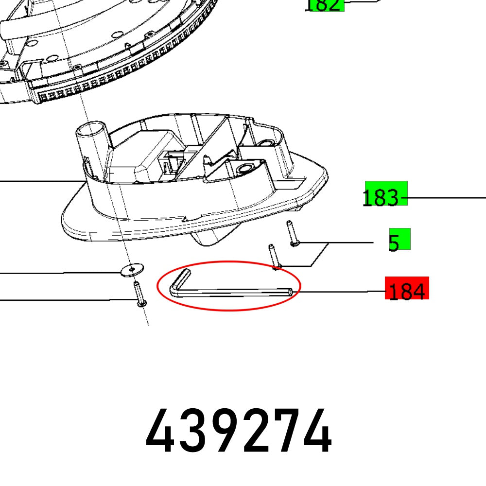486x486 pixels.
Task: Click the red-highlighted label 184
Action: [407, 291]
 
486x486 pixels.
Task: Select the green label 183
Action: [386, 194]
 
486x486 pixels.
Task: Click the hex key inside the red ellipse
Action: [233, 292]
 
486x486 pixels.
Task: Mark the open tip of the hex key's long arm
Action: [290, 292]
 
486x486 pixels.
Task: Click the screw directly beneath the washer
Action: [139, 295]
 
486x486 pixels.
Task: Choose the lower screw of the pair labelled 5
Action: [274, 256]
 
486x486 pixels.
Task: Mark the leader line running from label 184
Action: [340, 292]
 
